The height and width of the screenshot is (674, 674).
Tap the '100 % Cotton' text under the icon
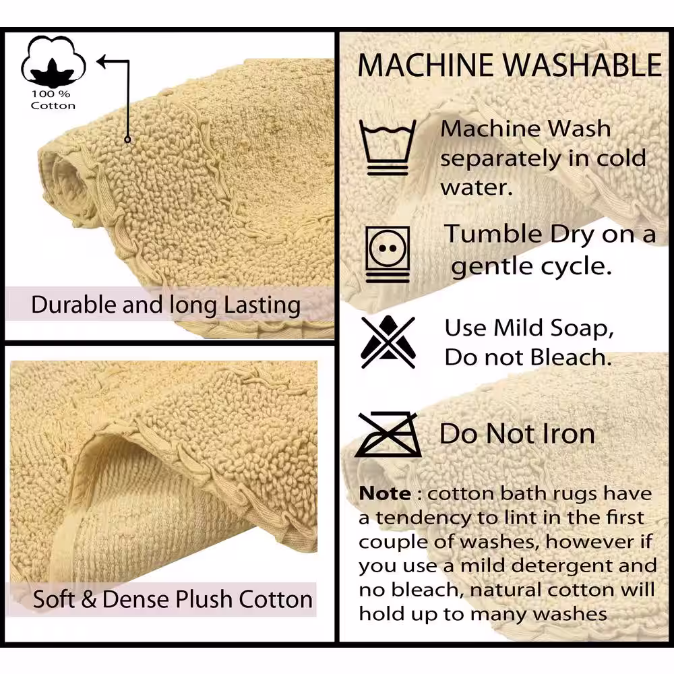click(53, 100)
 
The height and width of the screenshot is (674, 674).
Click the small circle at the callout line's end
click(127, 140)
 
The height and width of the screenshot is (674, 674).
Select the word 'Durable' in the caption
click(74, 305)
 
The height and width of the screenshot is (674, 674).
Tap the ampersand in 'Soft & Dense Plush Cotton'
click(88, 599)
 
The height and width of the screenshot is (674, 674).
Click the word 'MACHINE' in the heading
click(426, 65)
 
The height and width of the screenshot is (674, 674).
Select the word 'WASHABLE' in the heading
click(582, 65)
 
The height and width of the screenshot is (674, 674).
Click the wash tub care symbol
click(388, 147)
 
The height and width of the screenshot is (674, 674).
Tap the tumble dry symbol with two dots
click(388, 254)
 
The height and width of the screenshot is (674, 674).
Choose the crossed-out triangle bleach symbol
click(388, 342)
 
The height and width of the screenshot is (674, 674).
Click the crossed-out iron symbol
click(388, 434)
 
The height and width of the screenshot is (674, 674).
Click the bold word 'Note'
click(385, 493)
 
